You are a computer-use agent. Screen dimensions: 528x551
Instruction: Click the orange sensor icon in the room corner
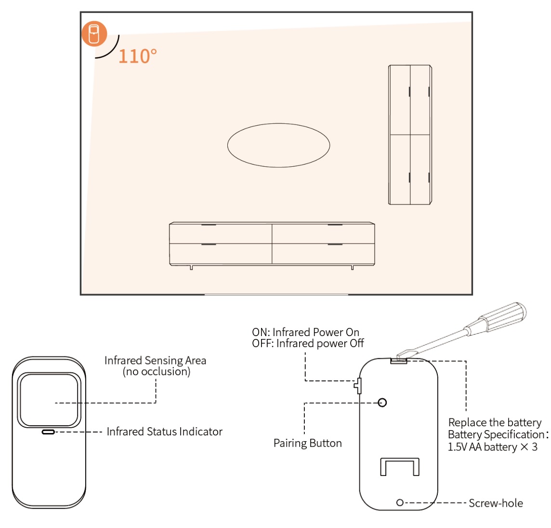click(x=94, y=34)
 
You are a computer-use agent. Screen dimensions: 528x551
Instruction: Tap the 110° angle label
click(x=137, y=56)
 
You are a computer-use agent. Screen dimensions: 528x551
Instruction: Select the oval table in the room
click(x=278, y=145)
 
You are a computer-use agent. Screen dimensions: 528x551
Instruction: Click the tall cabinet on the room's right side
click(x=410, y=135)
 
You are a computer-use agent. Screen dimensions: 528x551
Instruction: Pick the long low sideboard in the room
click(x=272, y=244)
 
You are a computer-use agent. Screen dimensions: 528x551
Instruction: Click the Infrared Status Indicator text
click(x=164, y=432)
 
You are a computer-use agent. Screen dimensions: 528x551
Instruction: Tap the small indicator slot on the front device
click(x=48, y=432)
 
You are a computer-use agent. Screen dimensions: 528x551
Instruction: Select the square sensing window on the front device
click(x=48, y=400)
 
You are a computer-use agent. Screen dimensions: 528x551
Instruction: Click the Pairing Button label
click(x=307, y=443)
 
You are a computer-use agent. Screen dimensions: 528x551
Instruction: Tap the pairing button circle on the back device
click(x=382, y=403)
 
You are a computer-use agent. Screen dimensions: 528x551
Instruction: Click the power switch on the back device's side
click(x=358, y=385)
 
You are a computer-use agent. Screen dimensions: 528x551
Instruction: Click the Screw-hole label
click(x=496, y=503)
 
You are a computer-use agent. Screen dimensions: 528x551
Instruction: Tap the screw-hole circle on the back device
click(x=400, y=502)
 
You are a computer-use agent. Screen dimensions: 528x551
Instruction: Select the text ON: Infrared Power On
click(x=305, y=332)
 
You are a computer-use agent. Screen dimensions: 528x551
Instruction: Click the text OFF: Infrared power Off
click(x=308, y=343)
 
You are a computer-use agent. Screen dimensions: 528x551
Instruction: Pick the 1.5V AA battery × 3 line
click(x=492, y=447)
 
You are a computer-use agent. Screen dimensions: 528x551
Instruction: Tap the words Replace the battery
click(x=495, y=422)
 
